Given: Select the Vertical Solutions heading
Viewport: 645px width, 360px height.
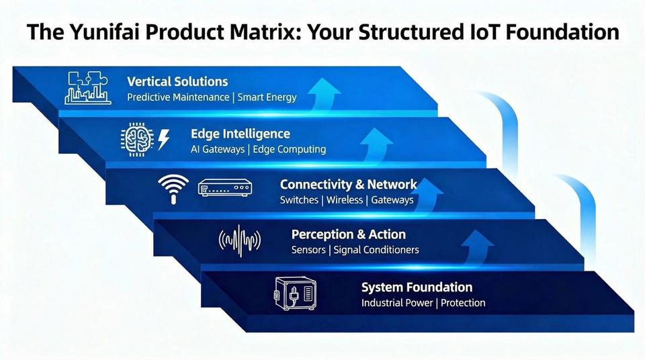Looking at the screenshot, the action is point(177,81).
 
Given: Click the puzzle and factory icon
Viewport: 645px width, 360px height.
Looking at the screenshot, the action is point(87,88).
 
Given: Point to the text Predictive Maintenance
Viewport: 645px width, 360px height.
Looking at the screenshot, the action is point(177,97).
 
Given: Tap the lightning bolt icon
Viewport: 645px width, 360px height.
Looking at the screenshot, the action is point(163,138).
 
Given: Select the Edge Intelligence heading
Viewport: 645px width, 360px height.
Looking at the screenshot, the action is point(241,134).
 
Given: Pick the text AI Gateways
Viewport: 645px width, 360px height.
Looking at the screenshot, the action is point(218,149).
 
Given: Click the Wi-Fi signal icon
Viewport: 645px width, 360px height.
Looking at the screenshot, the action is point(173,188).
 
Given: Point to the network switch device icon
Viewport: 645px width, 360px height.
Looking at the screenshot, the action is point(224,188).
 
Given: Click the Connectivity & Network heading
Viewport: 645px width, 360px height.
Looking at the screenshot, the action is point(348,184).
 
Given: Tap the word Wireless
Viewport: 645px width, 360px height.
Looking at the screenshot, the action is point(345,200).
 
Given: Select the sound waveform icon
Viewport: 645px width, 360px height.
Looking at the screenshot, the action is point(240,240).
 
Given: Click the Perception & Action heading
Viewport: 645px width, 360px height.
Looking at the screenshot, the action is point(348,234).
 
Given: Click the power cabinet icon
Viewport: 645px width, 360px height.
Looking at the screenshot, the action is point(294,293).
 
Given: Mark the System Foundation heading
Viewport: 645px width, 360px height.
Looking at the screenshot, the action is point(417,287).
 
